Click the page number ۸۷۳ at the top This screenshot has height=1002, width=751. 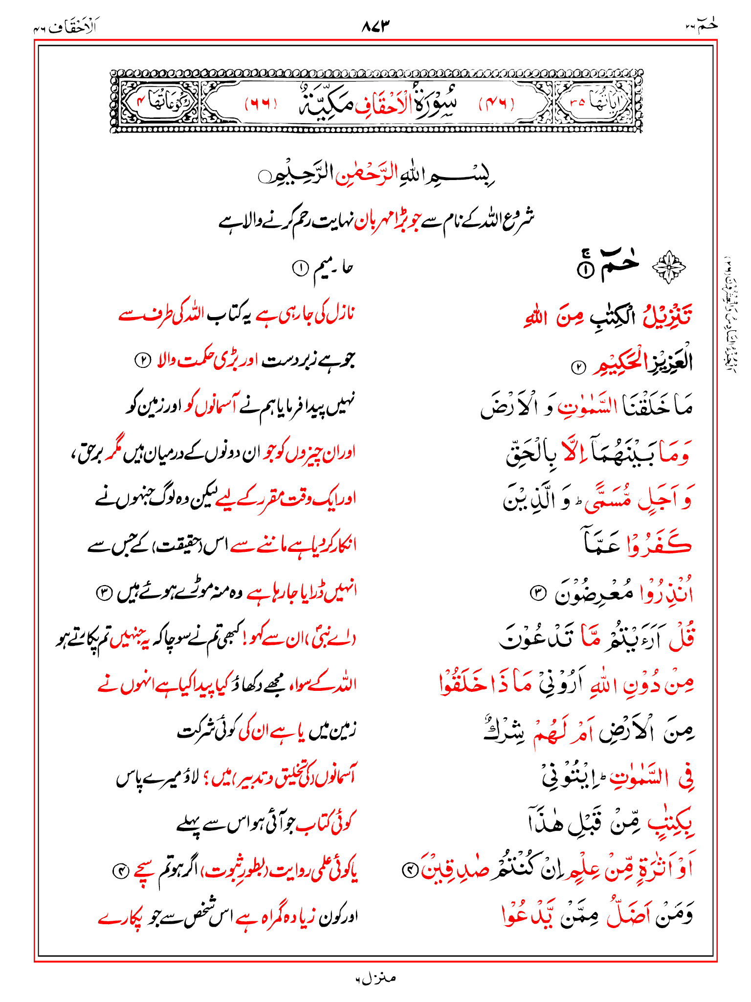point(376,25)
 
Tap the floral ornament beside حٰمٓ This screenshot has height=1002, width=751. point(669,267)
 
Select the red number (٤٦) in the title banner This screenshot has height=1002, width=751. point(496,104)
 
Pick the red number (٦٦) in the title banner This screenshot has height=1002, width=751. point(261,104)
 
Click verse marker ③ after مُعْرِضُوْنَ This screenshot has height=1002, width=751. point(537,593)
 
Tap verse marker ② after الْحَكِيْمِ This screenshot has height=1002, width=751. point(578,367)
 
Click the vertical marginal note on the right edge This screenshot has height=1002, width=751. point(730,313)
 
